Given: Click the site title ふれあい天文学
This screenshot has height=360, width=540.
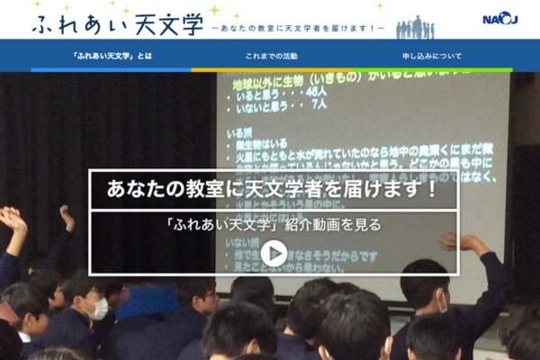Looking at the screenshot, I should pos(117,23).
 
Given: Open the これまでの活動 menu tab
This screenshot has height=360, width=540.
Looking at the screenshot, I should pos(270,56).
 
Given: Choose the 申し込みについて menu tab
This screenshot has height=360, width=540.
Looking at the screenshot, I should pos(432,56).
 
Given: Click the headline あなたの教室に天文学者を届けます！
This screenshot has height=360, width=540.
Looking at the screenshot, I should pos(273,189).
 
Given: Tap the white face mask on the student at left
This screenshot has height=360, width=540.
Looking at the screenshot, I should pos(99,309).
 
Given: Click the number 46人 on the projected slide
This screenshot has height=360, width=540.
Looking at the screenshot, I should pos(315,92).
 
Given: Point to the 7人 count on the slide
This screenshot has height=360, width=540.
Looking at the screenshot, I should pos(316,104).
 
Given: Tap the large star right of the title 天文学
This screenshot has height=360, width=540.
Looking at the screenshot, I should pos(215,11).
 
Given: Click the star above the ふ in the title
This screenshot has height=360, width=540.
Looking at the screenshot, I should pos(38,4).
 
